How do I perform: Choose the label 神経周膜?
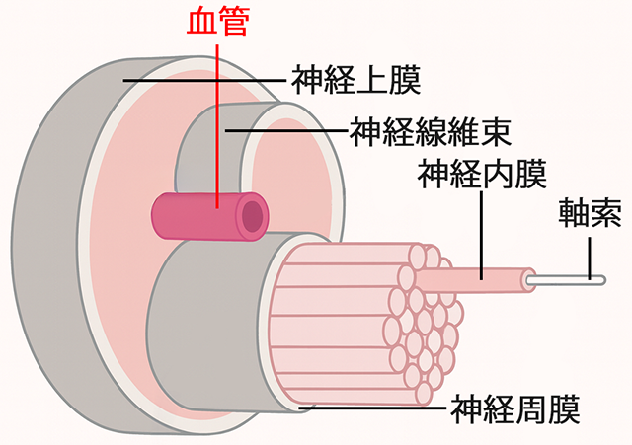click(x=514, y=406)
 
